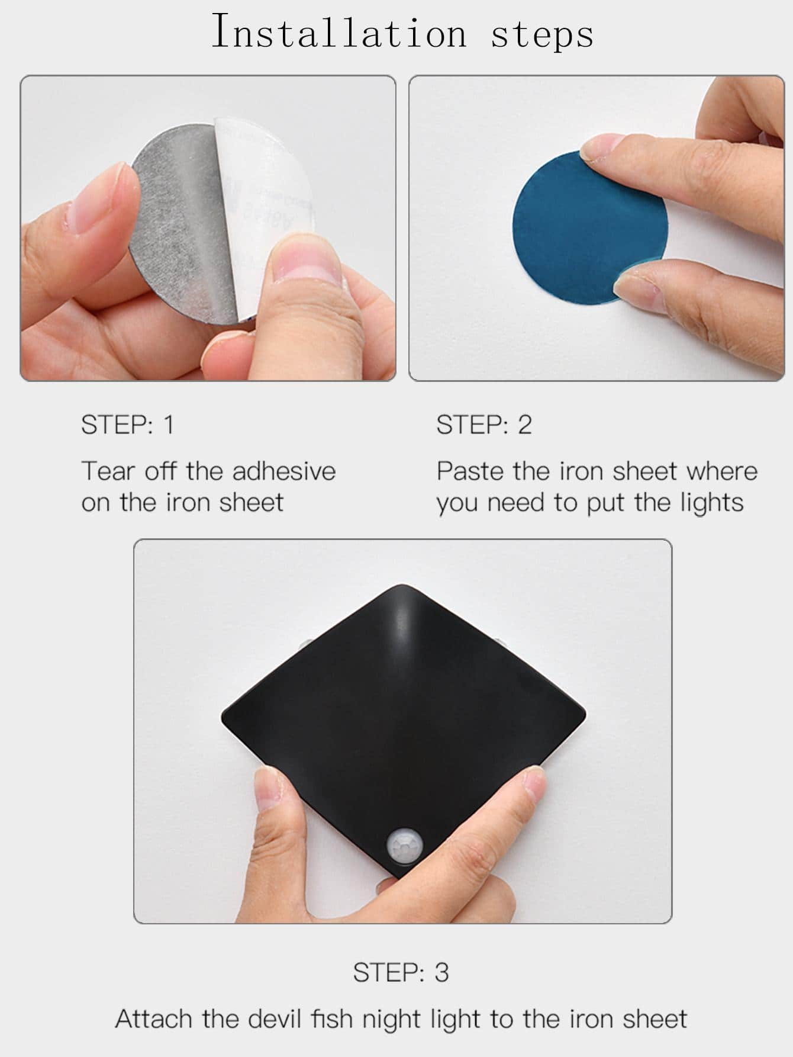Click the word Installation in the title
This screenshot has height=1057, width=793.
[339, 31]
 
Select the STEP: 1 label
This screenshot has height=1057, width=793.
[128, 425]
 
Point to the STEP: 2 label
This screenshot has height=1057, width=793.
[484, 425]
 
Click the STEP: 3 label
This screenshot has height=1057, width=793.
[401, 972]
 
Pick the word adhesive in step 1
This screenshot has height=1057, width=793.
[284, 471]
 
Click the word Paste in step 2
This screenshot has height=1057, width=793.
[470, 471]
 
